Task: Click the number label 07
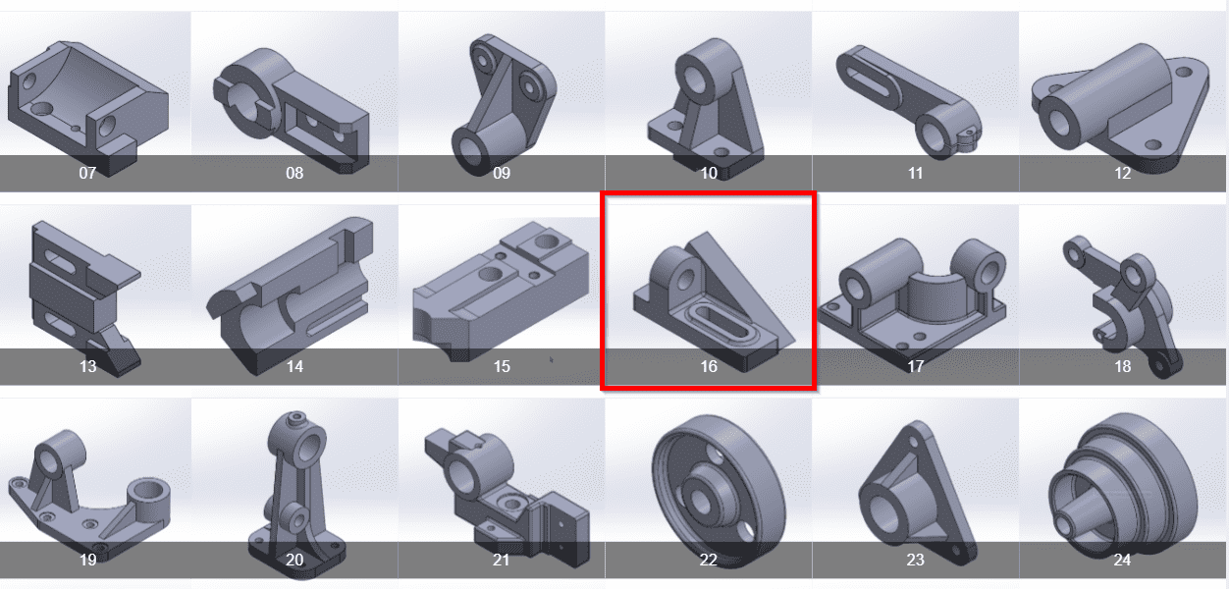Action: coord(87,174)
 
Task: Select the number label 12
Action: coord(1122,174)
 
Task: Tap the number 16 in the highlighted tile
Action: coord(709,367)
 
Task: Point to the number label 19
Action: coord(87,560)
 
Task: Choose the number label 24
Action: coord(1122,560)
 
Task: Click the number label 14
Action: coord(294,367)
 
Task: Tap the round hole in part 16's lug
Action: coord(686,280)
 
